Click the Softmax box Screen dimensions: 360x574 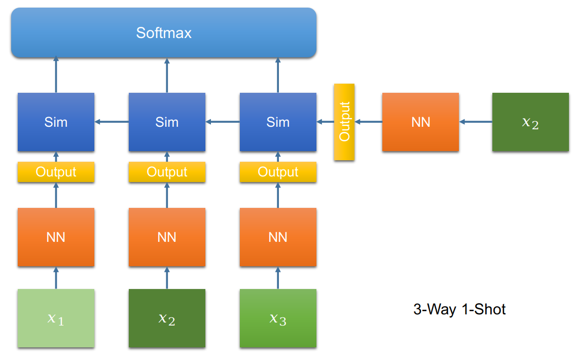[164, 33]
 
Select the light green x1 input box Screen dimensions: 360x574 [56, 318]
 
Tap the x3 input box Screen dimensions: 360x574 [278, 318]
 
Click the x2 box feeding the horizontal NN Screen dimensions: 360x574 [530, 122]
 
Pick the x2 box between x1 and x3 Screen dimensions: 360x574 [167, 318]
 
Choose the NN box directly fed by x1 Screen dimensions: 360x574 [56, 237]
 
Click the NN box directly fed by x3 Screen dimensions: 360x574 [278, 237]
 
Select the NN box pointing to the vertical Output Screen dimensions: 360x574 [420, 122]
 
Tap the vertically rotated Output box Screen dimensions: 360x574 [344, 122]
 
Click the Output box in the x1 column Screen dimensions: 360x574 [56, 172]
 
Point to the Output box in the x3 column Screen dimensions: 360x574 [278, 172]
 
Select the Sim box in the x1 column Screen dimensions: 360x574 [56, 122]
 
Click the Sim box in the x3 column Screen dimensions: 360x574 [278, 122]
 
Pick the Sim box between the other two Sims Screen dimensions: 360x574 [167, 122]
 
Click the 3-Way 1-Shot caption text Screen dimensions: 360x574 [459, 309]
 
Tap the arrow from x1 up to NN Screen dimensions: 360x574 [56, 278]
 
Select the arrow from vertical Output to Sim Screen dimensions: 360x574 [325, 122]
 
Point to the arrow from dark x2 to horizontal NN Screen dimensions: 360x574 [476, 122]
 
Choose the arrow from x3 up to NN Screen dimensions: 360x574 [278, 278]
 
